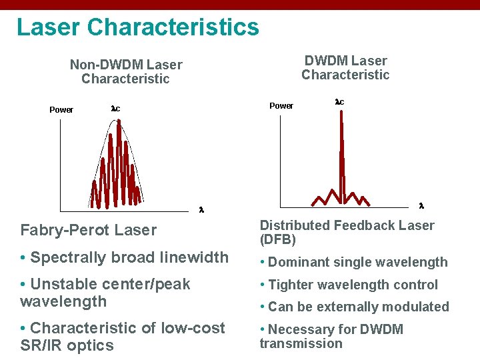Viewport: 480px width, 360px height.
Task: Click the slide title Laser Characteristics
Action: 137,27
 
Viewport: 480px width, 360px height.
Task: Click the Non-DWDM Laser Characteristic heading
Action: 125,71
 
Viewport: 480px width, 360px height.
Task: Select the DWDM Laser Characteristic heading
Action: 345,67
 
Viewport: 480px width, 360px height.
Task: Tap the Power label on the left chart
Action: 61,110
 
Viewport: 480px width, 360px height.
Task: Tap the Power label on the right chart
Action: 281,106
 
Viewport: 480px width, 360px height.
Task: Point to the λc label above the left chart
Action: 115,108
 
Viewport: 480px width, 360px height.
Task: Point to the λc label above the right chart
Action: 339,102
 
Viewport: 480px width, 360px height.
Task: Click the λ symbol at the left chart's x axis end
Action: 201,210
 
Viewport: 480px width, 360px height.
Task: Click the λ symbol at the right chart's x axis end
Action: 421,205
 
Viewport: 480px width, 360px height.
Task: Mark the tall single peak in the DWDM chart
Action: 342,153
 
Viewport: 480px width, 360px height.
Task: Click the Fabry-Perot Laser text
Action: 88,231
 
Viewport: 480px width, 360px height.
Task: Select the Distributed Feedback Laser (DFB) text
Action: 347,232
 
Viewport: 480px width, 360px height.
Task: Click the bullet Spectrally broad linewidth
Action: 124,257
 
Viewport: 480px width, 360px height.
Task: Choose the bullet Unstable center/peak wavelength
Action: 105,293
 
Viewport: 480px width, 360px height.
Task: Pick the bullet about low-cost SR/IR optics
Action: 123,337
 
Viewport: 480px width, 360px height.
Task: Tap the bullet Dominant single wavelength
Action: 353,263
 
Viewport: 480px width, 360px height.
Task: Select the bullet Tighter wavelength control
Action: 349,285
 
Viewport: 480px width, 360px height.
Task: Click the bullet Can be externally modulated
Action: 354,307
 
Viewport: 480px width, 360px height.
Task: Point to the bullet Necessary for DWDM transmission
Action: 331,336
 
